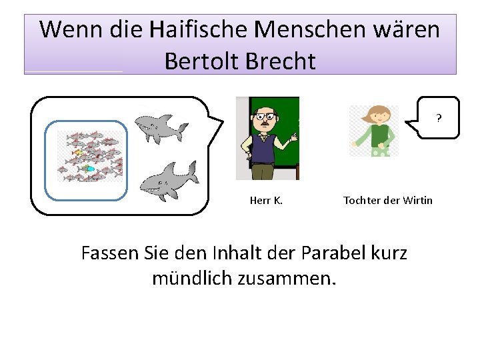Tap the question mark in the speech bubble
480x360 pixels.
point(439,119)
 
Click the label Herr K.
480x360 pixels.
point(266,200)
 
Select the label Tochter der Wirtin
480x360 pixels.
point(387,200)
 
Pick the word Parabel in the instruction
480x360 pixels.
point(330,253)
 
